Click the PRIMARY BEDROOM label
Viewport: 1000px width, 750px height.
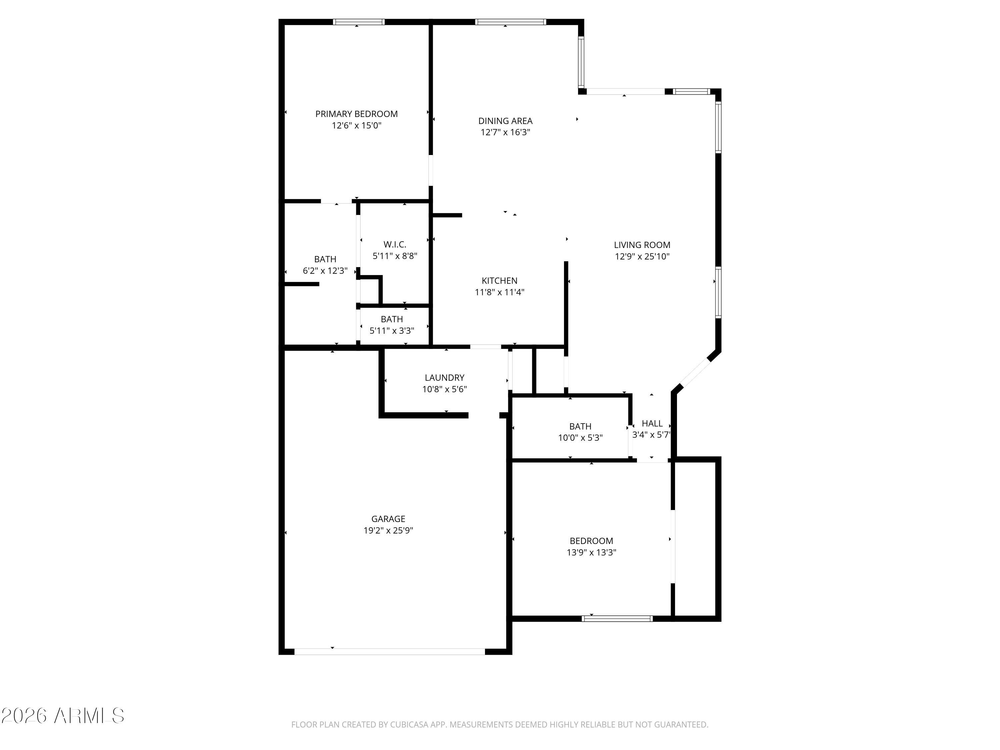click(x=356, y=114)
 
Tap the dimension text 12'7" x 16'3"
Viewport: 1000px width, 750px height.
click(x=505, y=132)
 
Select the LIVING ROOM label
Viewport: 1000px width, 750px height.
click(x=642, y=245)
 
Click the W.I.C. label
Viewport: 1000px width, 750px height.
click(x=395, y=245)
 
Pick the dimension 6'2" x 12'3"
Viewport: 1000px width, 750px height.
click(x=325, y=271)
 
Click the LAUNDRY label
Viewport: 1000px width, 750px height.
click(x=444, y=377)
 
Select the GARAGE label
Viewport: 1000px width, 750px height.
click(x=388, y=519)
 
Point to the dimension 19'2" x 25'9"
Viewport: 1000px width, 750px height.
click(x=388, y=531)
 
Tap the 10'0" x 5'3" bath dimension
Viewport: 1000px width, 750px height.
click(x=580, y=438)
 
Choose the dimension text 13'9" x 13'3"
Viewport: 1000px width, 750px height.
click(x=591, y=552)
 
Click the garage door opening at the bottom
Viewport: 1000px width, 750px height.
click(x=389, y=651)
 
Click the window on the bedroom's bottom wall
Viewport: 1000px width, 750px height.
click(x=617, y=618)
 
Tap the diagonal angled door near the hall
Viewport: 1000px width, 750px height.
click(x=695, y=373)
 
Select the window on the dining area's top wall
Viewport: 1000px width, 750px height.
click(x=510, y=22)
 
